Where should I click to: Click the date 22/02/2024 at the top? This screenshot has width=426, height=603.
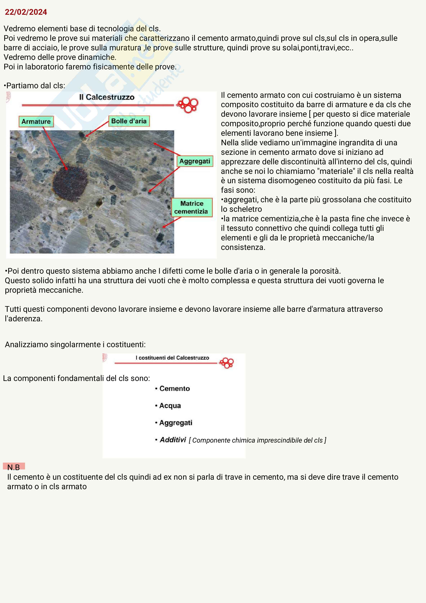[26, 12]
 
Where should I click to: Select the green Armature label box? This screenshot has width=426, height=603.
[36, 122]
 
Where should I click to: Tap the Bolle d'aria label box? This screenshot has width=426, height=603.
[129, 121]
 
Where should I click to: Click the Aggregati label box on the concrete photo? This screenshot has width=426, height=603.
[195, 161]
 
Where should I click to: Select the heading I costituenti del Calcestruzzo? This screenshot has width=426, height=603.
[172, 358]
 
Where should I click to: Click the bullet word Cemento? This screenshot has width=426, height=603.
[174, 389]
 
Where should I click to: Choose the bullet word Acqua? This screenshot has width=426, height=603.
[170, 405]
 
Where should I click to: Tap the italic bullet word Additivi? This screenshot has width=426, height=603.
[173, 440]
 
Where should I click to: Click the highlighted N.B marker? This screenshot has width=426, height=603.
[14, 467]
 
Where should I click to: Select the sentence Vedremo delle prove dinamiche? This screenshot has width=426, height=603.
[60, 57]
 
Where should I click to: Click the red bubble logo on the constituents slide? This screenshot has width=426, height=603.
[227, 363]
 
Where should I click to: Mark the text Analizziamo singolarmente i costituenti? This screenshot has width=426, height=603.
[75, 344]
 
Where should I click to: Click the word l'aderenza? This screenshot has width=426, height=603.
[23, 319]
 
